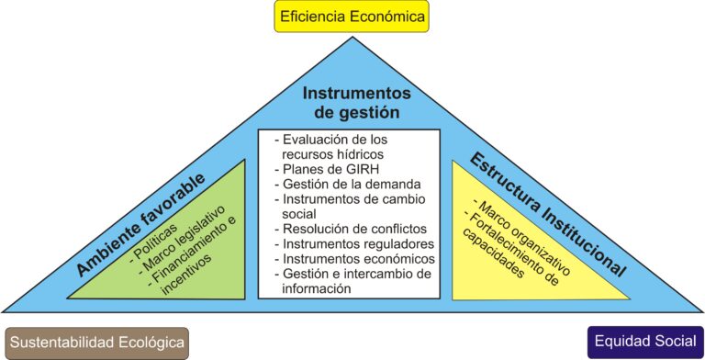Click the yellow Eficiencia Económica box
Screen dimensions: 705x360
tap(352, 17)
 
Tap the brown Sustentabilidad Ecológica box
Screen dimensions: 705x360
tap(97, 343)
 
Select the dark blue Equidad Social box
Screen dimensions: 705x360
tap(645, 342)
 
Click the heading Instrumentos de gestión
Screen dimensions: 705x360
tap(356, 102)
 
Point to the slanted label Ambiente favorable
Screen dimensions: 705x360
tap(140, 224)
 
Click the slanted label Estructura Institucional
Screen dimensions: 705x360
tap(548, 215)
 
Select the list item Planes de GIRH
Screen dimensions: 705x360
tap(327, 169)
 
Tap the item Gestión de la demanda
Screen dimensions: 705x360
tap(348, 184)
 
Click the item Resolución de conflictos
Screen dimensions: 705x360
tap(351, 229)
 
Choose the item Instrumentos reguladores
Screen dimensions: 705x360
tap(354, 244)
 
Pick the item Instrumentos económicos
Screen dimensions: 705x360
tap(354, 259)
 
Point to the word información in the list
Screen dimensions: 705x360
tap(317, 288)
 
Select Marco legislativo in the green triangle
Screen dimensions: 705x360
tap(183, 239)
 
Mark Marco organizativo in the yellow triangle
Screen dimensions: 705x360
tap(520, 238)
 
